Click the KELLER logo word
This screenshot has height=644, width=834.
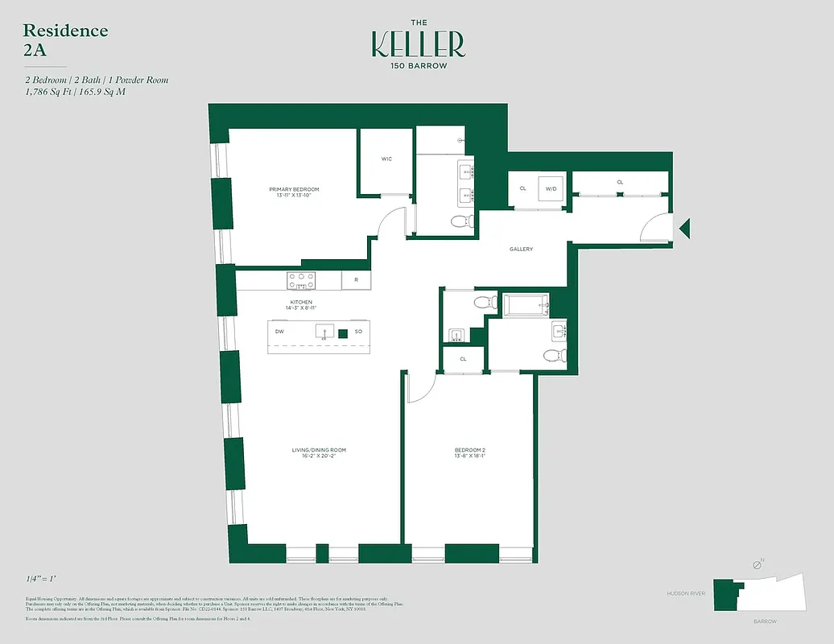coord(418,44)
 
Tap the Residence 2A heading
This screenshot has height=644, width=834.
coord(65,39)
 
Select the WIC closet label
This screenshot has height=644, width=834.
coord(386,159)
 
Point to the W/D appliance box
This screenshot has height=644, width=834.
coord(551,189)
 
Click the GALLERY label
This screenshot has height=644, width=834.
coord(521,249)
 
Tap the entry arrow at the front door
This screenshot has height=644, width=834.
coord(684,229)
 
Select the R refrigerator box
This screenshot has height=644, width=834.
coord(356,280)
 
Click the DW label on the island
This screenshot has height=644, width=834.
coord(279,332)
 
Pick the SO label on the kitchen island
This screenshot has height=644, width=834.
coord(358,332)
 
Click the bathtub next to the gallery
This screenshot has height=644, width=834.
coord(526,304)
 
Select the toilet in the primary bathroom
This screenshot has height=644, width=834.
coord(460,221)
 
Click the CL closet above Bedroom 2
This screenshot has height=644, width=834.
coord(464,359)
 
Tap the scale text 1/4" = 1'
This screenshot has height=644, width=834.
coord(41,579)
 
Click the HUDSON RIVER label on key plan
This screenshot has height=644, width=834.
coord(686,593)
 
